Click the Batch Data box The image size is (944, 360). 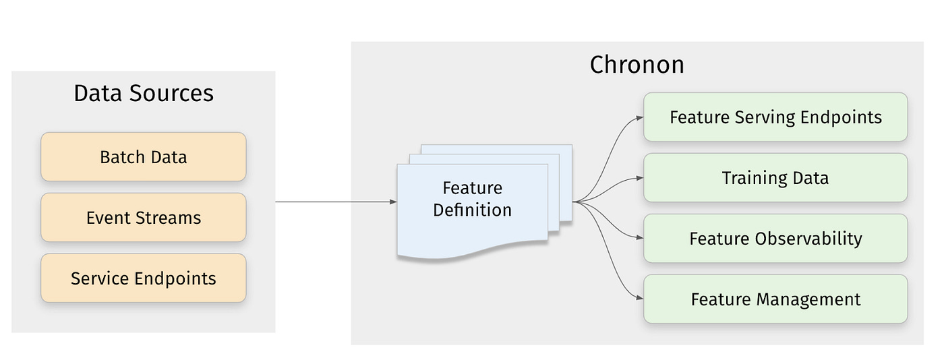click(143, 156)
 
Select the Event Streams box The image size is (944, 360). click(143, 217)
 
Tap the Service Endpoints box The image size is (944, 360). click(143, 278)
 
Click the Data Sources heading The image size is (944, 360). click(143, 93)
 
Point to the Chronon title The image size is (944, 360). click(637, 65)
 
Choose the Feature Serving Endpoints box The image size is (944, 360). click(775, 117)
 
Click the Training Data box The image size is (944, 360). click(775, 177)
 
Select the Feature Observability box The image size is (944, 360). click(775, 238)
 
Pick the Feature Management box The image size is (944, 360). click(775, 299)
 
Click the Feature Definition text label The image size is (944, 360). click(472, 199)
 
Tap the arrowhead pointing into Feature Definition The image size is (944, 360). click(393, 202)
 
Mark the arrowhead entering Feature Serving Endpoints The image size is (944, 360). click(640, 117)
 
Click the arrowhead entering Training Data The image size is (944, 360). click(640, 178)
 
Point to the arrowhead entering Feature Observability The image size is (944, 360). click(640, 238)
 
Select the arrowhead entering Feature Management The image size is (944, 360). click(640, 298)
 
